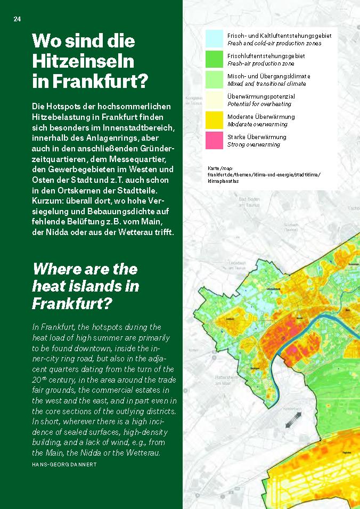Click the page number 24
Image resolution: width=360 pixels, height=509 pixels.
(17, 19)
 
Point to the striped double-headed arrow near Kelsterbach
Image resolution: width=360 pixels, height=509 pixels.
(292, 422)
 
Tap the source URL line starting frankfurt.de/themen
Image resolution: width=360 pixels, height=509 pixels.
(264, 174)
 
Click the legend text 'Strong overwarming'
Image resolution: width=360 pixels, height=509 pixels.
(254, 144)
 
